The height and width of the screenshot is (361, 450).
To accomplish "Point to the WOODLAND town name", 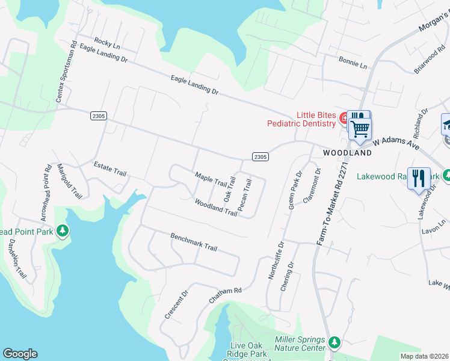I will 347,153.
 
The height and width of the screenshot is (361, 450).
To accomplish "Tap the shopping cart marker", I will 360,128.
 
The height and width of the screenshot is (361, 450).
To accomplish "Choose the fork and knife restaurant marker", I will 419,178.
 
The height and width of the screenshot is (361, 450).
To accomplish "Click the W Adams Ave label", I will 396,143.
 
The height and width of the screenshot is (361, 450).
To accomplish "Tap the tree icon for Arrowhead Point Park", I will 62,231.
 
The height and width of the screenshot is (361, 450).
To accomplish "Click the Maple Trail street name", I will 210,179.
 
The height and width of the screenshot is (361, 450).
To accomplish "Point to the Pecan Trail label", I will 244,194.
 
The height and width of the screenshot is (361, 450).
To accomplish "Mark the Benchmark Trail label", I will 193,242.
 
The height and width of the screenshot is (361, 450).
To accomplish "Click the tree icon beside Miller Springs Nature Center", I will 334,342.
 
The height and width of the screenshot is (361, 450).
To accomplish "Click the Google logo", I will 20,354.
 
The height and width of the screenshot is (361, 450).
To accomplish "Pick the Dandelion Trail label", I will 17,259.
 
